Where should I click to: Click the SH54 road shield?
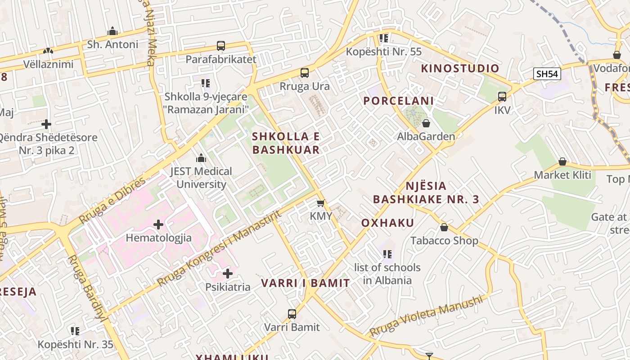point(547,74)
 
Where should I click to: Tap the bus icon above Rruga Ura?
point(305,72)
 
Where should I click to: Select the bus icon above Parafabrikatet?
point(220,45)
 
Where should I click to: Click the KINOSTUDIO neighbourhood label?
point(460,68)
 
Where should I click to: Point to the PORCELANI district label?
point(398,101)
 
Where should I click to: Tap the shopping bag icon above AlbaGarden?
point(426,123)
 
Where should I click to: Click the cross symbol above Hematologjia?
point(158,224)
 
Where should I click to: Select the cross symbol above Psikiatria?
point(228,273)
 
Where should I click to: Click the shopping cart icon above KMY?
point(320,203)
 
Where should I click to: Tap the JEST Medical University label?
point(201,178)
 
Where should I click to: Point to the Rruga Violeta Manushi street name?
point(426,316)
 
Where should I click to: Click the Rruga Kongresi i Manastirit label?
point(219,248)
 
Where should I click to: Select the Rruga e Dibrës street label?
point(112,200)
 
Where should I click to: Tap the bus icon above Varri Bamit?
point(292,314)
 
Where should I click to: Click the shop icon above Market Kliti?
point(562,162)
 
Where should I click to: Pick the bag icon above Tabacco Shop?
point(444,227)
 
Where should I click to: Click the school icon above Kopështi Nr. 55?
point(383,38)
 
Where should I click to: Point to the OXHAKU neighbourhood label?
point(387,223)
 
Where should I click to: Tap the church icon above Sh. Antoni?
point(112,31)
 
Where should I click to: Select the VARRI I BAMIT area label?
point(306,283)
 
